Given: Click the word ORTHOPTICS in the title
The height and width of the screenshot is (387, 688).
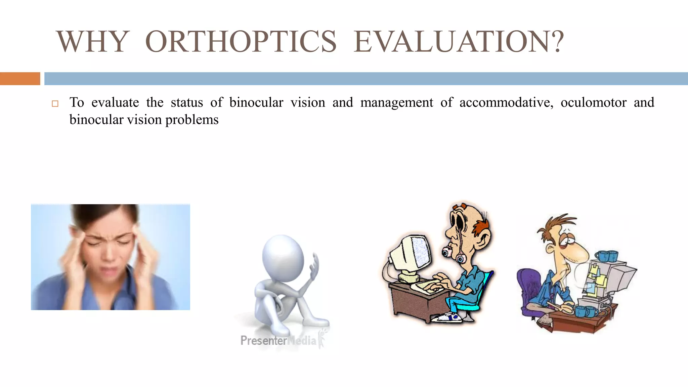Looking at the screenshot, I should [x=241, y=42].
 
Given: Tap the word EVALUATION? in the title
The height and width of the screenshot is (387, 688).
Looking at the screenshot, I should [x=459, y=42].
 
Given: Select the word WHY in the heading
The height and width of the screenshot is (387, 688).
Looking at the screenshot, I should [x=93, y=42].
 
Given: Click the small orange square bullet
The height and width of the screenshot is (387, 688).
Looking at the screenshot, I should [x=55, y=103].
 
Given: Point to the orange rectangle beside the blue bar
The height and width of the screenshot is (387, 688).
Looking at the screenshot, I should [x=20, y=79].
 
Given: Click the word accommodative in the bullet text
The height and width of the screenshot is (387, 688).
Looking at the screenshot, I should [x=506, y=102].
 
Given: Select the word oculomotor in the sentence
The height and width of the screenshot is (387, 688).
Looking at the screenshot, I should [x=593, y=102].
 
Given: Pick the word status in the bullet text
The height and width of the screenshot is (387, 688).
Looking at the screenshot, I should [x=187, y=102].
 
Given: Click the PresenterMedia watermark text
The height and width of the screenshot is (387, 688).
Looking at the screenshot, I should [x=278, y=341].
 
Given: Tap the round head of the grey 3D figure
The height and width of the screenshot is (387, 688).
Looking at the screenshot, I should [x=283, y=257].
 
